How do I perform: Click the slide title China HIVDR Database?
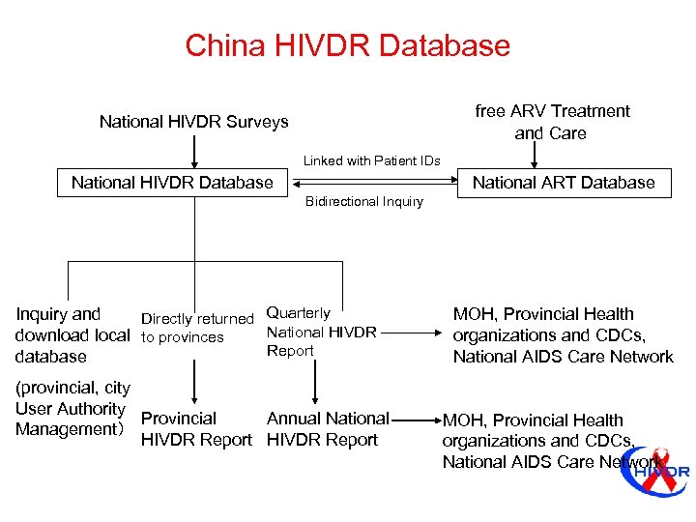[x=347, y=44]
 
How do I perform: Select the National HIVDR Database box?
[x=172, y=183]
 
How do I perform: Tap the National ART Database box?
[x=564, y=183]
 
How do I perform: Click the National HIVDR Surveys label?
[x=193, y=122]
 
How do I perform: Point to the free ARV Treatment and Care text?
[x=552, y=122]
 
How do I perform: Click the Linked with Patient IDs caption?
[x=372, y=160]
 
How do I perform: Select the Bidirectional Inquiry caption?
[x=364, y=201]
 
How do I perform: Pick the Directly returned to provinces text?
[x=197, y=328]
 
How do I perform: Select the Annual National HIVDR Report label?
[x=327, y=429]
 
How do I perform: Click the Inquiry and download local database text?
[x=72, y=334]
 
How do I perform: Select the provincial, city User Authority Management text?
[x=72, y=409]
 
